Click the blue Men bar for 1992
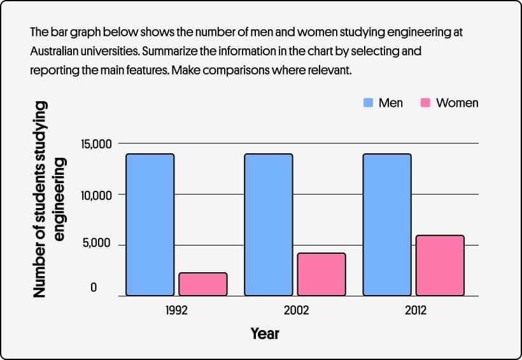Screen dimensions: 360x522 pos(150,225)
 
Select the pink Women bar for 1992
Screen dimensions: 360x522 pos(203,284)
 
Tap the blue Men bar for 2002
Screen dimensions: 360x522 pos(269,225)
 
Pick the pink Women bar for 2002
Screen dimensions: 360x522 pos(321,274)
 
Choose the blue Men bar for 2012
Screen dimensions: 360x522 pos(387,225)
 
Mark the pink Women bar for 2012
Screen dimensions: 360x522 pos(440,265)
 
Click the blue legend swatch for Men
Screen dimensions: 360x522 pos(367,102)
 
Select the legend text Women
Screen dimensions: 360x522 pos(457,102)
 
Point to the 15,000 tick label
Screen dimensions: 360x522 pos(96,144)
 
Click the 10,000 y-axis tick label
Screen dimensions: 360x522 pos(96,195)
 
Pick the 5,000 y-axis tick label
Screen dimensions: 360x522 pos(99,244)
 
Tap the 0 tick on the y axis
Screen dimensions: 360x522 pos(93,288)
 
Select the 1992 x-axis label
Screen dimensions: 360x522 pos(176,311)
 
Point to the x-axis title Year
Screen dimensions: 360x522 pos(264,333)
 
